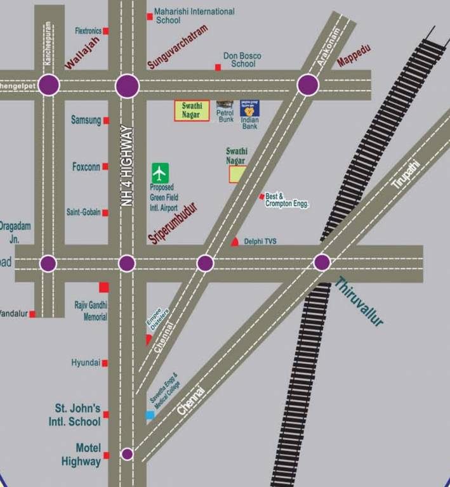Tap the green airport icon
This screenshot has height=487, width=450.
pos(160,172)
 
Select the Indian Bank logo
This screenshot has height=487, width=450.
pos(249,108)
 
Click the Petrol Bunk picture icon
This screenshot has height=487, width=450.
pos(225,104)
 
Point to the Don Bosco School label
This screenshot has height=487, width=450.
pos(242,60)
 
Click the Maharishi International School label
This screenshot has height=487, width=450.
pos(194,16)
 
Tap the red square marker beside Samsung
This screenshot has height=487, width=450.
pos(106,120)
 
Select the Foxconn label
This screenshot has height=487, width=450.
pos(86,167)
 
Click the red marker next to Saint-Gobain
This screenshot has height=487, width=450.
pos(105,213)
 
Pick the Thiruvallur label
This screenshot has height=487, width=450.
pos(359,302)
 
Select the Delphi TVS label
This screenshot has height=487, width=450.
pos(260,242)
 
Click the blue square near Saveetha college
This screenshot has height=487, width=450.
pos(150,415)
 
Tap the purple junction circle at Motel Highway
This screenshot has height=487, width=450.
pos(127,454)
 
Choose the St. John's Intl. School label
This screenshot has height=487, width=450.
pos(75,415)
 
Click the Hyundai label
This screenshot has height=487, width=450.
pos(86,363)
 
